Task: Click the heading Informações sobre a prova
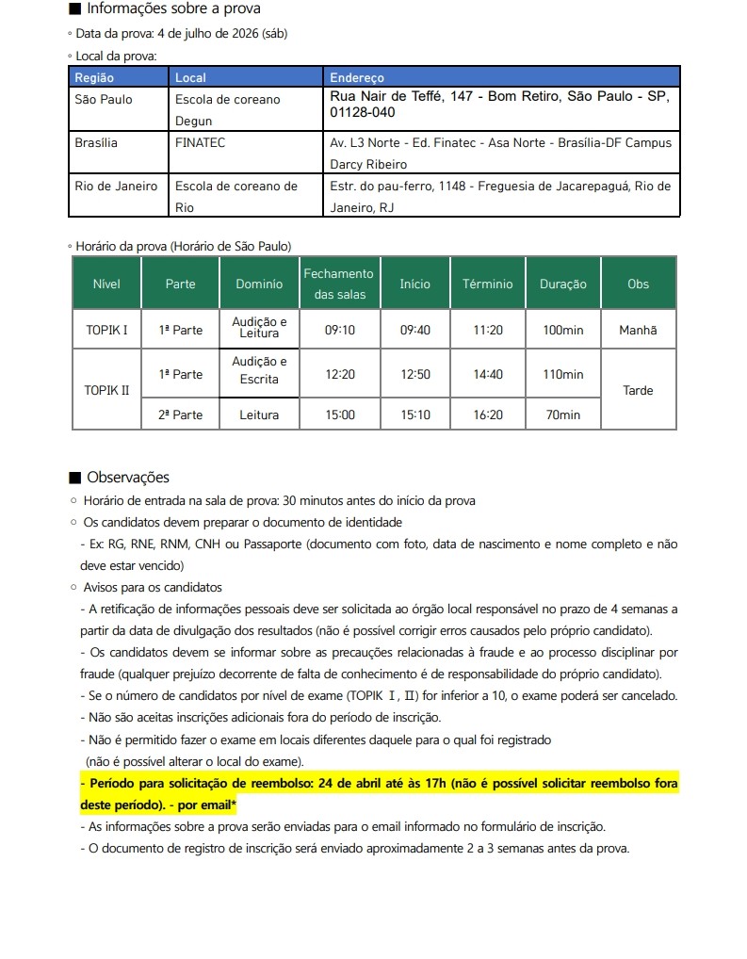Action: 173,9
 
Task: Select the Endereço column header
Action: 357,77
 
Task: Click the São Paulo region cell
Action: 104,99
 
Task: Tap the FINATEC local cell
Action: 201,143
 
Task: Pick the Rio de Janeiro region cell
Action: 116,187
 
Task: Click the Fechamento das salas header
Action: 338,284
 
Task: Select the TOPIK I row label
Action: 106,331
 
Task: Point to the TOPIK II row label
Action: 106,390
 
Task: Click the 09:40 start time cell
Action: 414,331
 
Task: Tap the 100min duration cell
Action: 562,331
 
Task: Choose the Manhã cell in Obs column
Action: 638,331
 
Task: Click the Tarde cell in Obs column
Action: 638,390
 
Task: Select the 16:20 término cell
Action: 488,414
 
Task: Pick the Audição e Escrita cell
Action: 259,370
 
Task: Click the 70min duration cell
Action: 562,414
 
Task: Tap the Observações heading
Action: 128,478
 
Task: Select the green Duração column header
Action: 562,284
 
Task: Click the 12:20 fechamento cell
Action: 339,375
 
